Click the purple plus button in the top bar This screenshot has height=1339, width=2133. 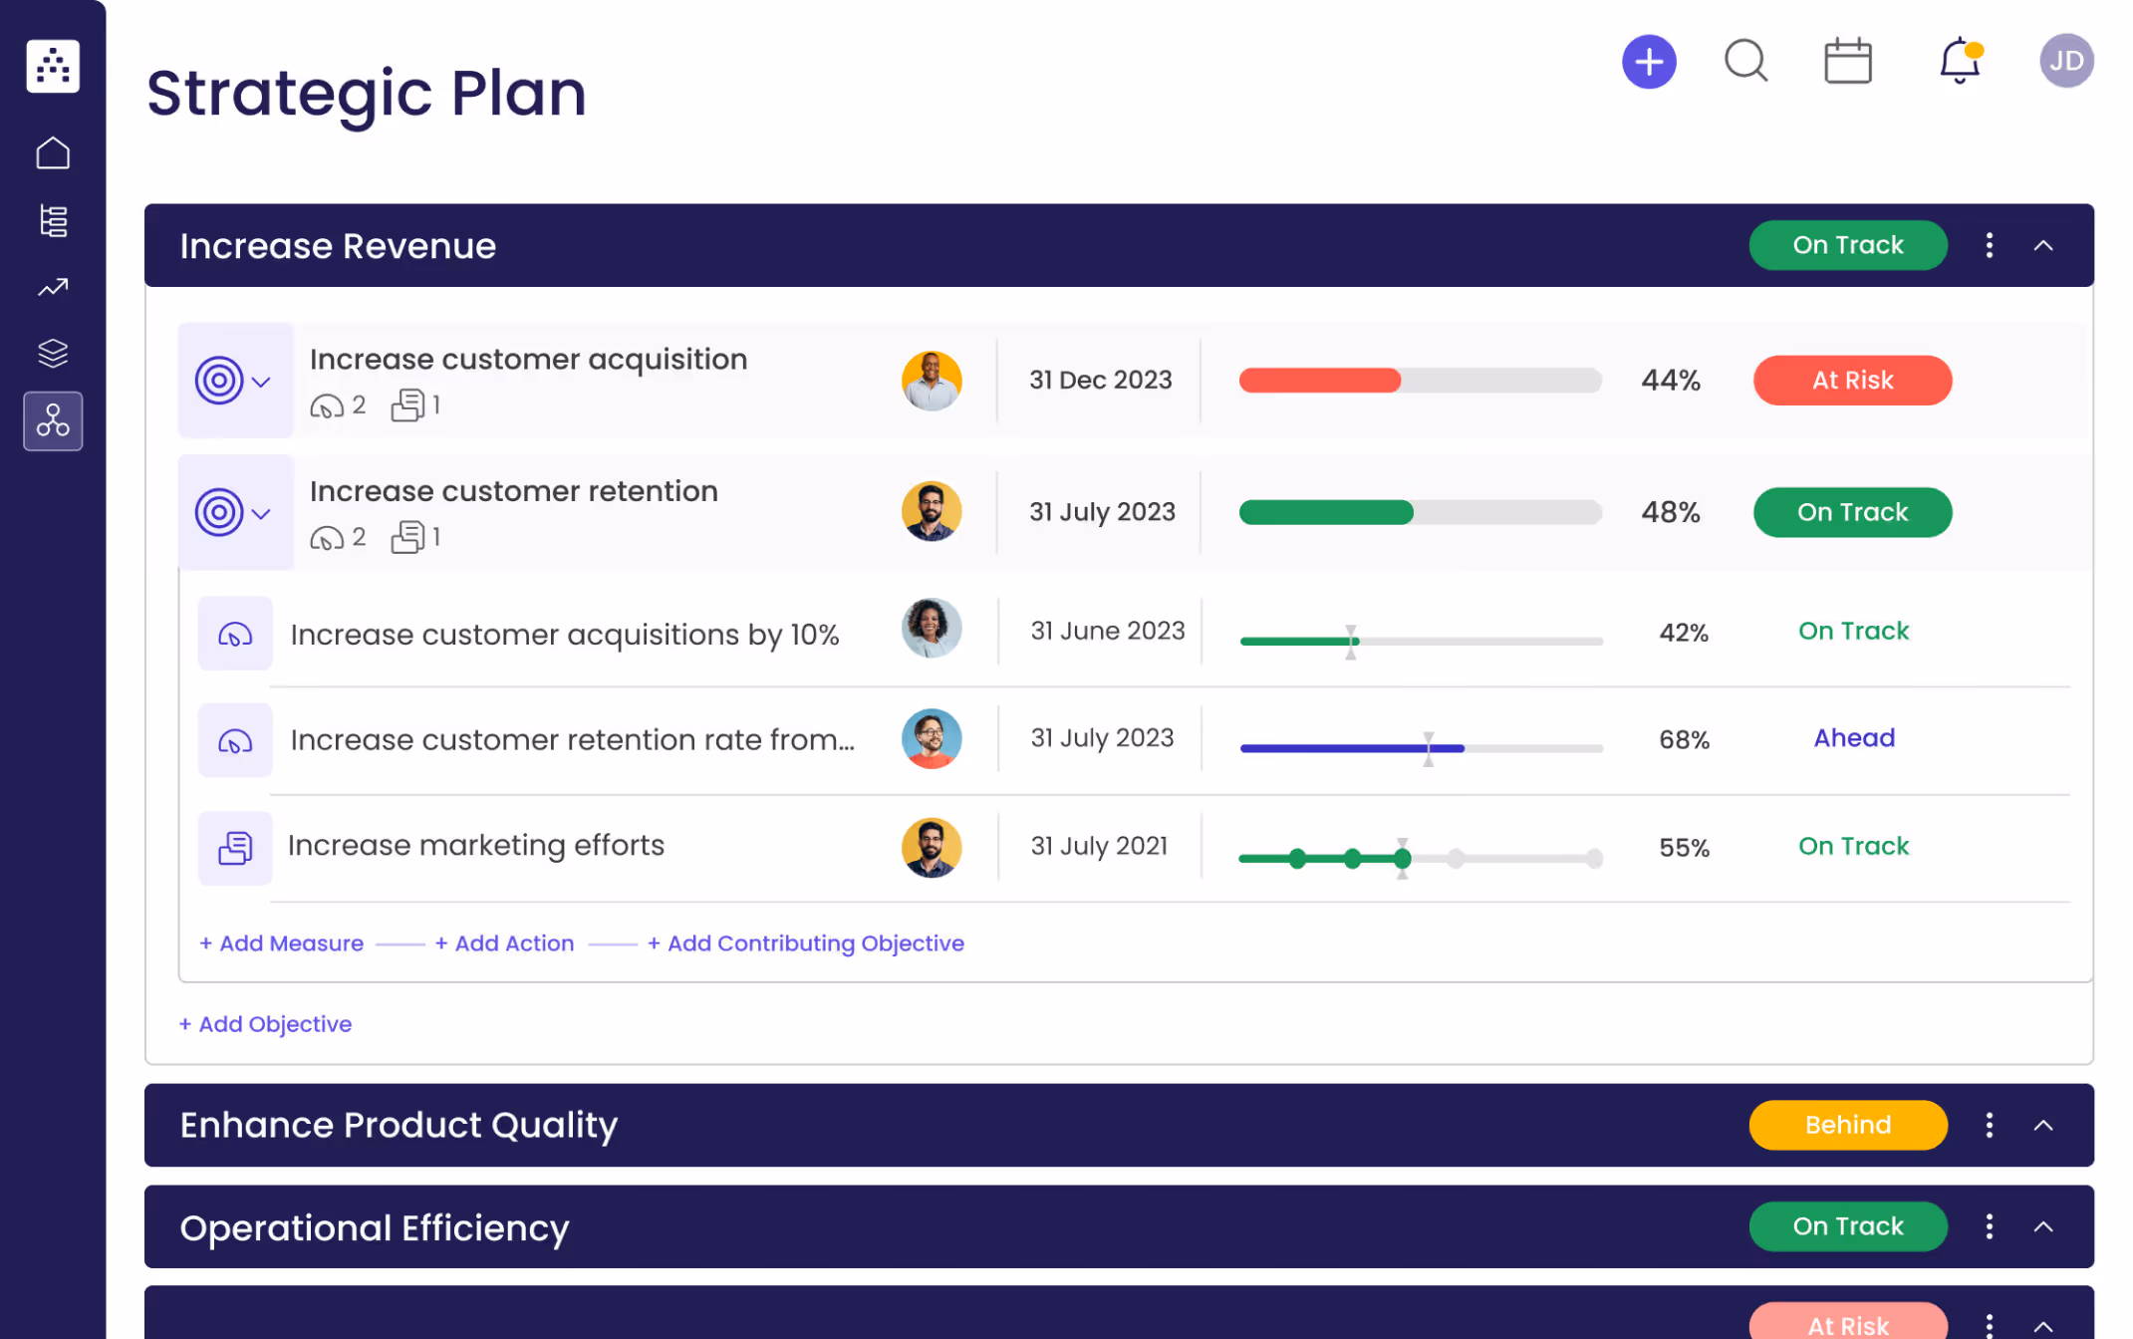pos(1649,62)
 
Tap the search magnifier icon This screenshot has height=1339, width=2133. pos(1745,61)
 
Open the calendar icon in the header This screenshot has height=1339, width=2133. pos(1847,62)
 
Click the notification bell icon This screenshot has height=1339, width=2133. pos(1959,61)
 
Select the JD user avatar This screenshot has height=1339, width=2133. pos(2065,62)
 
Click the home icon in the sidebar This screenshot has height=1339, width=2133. pos(53,153)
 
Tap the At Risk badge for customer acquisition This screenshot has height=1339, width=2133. pos(1852,381)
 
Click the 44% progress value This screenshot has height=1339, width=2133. pos(1670,381)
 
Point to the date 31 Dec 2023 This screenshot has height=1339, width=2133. pos(1100,381)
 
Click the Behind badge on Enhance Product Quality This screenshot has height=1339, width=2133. pos(1847,1125)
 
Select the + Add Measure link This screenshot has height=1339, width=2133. pos(282,943)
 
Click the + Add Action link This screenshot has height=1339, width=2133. pos(505,943)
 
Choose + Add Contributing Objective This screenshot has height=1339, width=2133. pos(806,943)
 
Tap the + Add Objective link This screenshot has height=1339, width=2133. pos(266,1024)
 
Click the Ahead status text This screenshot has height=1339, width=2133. pos(1853,738)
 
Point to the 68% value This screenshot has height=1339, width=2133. pos(1684,740)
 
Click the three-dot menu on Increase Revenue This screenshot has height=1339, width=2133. pos(1989,245)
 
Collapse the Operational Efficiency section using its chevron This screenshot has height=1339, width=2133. pos(2042,1226)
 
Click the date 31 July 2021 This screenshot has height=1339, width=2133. pos(1099,847)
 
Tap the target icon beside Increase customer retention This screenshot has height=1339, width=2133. pos(219,513)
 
